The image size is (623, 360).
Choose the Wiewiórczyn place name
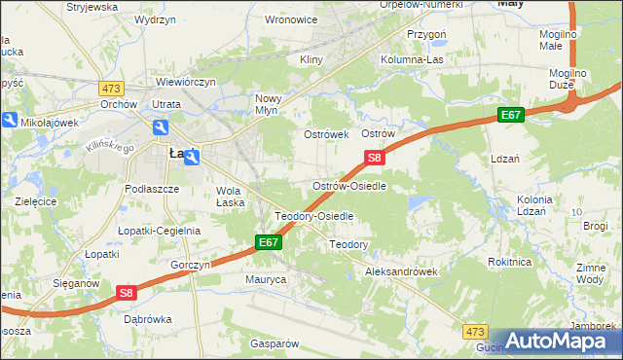(185, 83)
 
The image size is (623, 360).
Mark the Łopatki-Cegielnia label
(159, 231)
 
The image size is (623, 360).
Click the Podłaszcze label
(152, 189)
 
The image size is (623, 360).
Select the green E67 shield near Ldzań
(511, 115)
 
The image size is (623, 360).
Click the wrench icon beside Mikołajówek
(10, 121)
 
